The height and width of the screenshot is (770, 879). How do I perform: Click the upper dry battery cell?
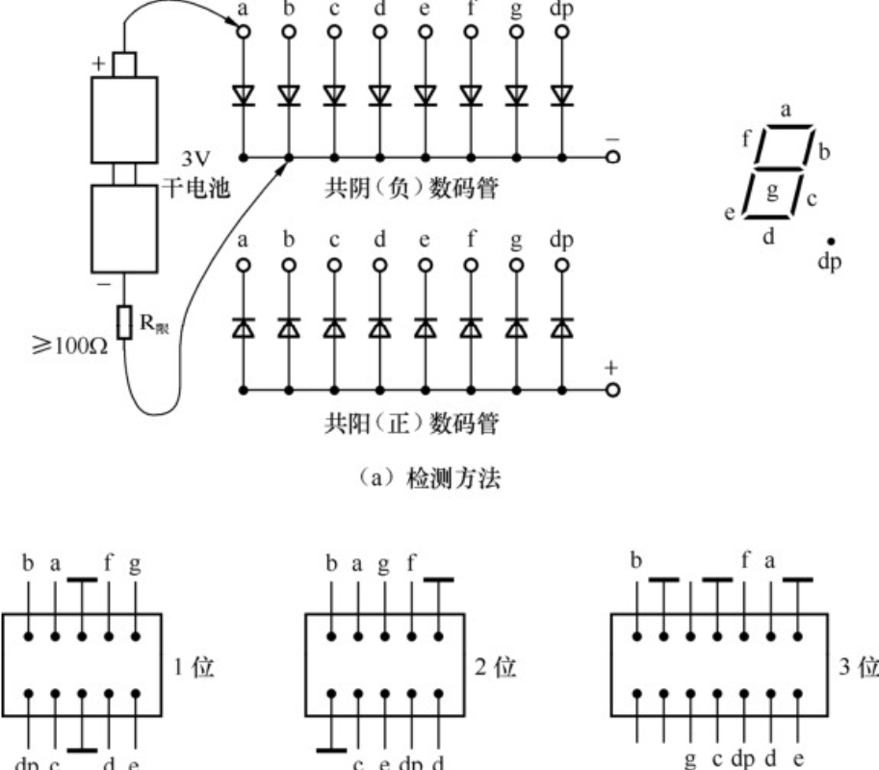pos(123,117)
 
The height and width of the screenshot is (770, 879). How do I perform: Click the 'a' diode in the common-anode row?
pos(242,329)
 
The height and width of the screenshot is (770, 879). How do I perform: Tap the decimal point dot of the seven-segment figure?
pos(830,243)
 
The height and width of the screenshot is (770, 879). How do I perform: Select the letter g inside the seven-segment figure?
pos(771,189)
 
